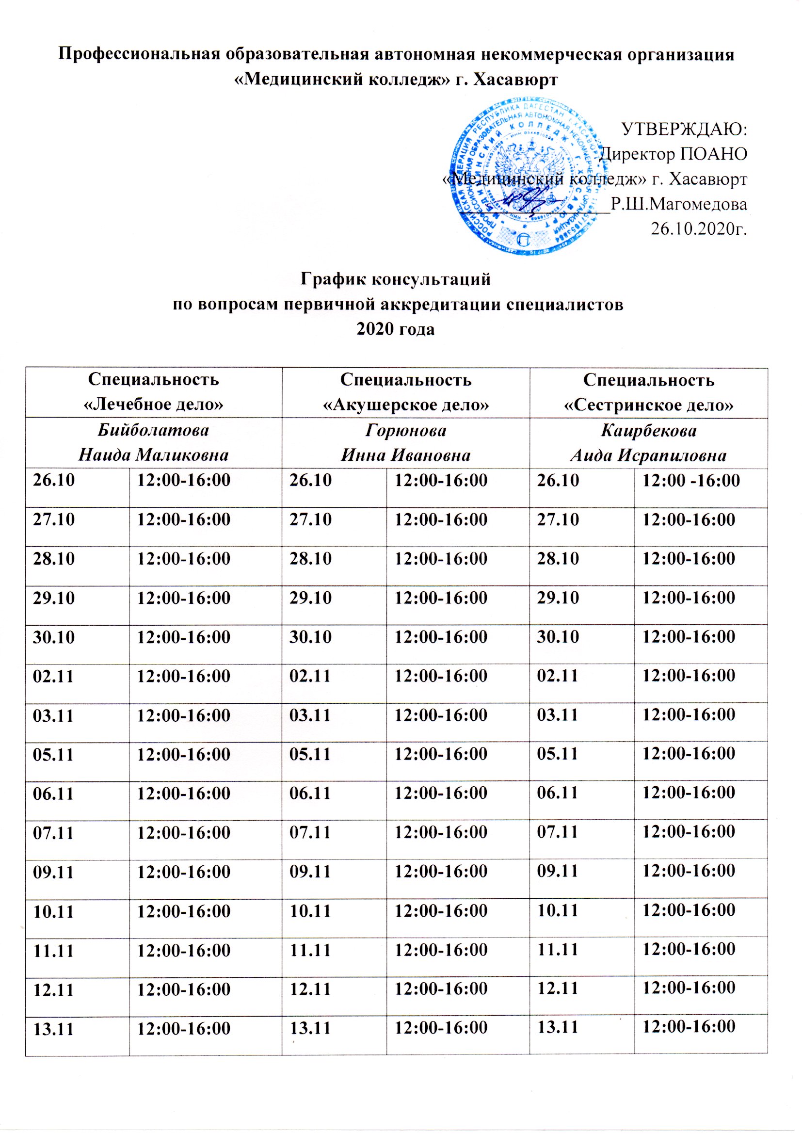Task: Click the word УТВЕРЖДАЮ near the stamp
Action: pos(684,130)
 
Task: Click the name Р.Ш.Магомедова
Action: pos(678,203)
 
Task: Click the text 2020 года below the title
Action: pos(396,329)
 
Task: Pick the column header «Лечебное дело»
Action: pos(154,405)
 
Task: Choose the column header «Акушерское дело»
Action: pos(405,405)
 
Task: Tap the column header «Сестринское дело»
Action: pos(648,405)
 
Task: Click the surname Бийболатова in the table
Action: pos(154,430)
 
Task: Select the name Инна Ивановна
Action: pos(405,455)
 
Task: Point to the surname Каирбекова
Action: pos(648,430)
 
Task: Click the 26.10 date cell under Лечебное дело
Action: pos(54,480)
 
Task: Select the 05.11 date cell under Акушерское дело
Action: pos(310,754)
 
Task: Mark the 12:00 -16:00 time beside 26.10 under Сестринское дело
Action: pos(690,480)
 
